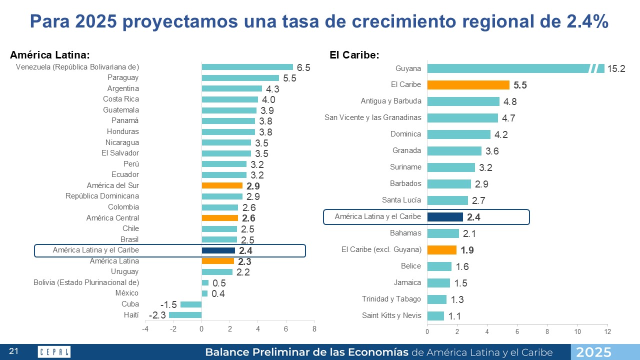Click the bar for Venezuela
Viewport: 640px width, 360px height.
(247, 67)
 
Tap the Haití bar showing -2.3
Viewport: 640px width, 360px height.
(185, 315)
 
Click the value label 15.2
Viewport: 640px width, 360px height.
(616, 69)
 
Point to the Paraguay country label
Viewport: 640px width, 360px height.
(123, 77)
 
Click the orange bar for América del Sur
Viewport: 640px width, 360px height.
(222, 185)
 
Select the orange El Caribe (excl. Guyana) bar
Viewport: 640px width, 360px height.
(442, 249)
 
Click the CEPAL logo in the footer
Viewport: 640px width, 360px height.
(54, 352)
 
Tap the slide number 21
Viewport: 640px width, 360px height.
(13, 352)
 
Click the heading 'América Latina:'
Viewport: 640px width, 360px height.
(50, 55)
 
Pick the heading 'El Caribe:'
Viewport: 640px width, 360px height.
(354, 55)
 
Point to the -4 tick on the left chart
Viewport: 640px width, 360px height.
(145, 329)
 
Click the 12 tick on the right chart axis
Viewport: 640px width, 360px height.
(607, 331)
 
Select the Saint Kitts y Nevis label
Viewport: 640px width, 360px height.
(391, 315)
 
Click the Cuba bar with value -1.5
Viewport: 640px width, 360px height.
(191, 304)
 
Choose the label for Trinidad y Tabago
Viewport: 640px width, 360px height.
(391, 299)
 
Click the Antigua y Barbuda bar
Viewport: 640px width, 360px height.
(463, 101)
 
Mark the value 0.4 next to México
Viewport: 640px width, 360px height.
(218, 293)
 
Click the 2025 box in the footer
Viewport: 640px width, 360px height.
(593, 352)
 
